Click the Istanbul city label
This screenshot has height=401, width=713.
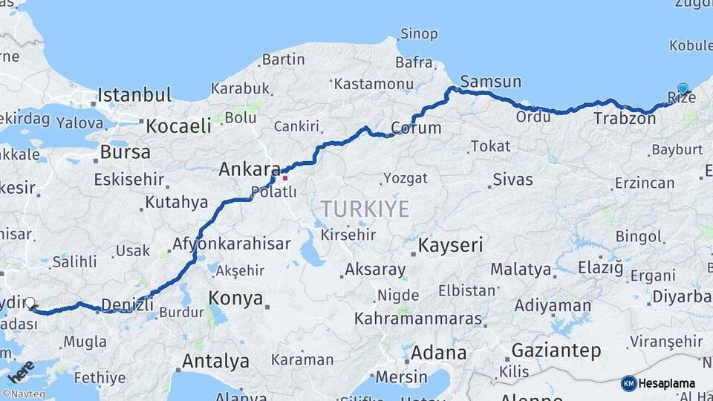click(134, 95)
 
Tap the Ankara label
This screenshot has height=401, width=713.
click(250, 169)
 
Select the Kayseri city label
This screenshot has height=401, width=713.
click(451, 245)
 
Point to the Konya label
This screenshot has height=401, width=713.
click(235, 299)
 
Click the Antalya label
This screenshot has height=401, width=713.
click(215, 362)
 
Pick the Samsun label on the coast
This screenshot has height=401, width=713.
click(490, 82)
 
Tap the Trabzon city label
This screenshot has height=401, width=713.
click(625, 118)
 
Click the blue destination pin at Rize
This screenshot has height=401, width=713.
click(683, 89)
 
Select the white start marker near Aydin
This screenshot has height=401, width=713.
click(30, 303)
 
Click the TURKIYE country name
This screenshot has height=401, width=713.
click(365, 209)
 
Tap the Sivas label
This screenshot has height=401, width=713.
click(512, 180)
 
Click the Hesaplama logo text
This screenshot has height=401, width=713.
click(667, 383)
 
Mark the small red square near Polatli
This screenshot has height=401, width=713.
click(284, 177)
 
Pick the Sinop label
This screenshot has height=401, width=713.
click(419, 33)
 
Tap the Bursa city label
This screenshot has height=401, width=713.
click(125, 152)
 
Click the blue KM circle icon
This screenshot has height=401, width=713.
click(628, 383)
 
